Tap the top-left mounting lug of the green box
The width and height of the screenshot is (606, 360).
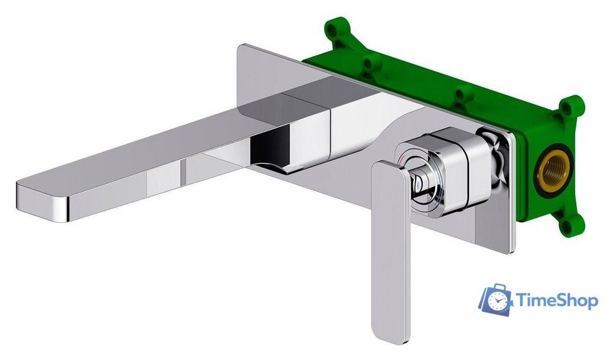click(335, 31)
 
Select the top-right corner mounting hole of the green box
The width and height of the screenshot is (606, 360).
click(572, 107)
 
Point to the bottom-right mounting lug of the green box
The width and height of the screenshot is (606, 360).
click(571, 224)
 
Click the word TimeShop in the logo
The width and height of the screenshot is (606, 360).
click(557, 300)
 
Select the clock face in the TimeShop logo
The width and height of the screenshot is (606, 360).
click(499, 301)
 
